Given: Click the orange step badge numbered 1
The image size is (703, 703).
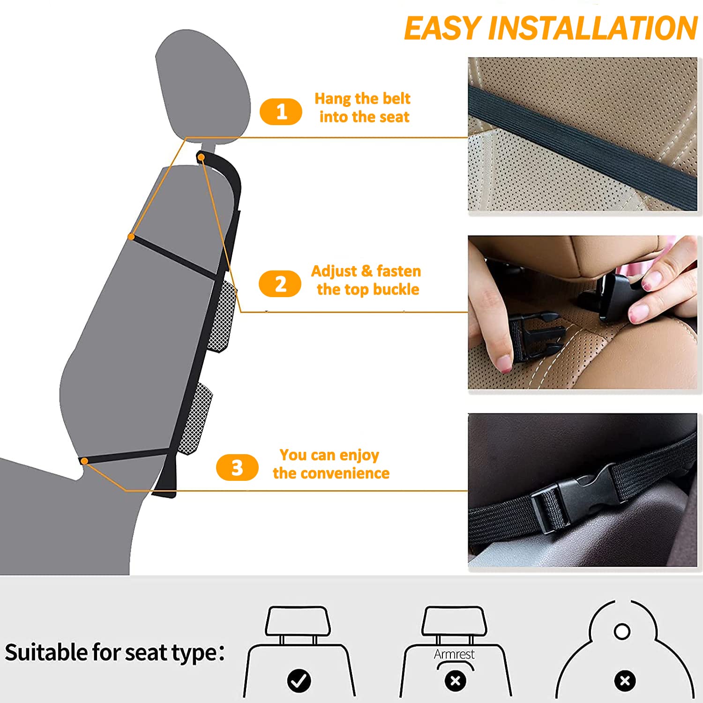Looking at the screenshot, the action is click(x=281, y=112).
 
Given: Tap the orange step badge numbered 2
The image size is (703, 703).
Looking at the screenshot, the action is click(x=280, y=284).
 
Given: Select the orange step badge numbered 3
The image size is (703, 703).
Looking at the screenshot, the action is click(x=237, y=467).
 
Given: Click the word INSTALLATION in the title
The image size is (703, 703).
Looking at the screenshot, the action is click(x=593, y=28).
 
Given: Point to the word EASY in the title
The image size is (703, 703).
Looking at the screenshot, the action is click(x=443, y=28).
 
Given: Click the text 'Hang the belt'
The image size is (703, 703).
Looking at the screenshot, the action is click(x=362, y=98).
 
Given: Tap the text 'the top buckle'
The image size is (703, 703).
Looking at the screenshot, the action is click(x=368, y=290).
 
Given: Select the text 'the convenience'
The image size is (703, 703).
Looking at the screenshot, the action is click(x=331, y=473).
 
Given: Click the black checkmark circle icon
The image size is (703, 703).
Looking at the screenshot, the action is click(x=299, y=681).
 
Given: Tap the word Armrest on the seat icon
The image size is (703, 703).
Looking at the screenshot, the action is click(x=454, y=654).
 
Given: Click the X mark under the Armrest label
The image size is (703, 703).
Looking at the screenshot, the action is click(x=456, y=681).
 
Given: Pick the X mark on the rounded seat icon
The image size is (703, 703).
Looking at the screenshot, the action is click(x=625, y=681).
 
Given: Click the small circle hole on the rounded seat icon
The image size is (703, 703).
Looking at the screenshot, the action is click(x=622, y=631).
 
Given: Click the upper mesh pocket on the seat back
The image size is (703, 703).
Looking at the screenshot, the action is click(x=222, y=316).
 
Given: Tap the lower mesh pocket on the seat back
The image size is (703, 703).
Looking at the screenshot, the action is click(x=195, y=419).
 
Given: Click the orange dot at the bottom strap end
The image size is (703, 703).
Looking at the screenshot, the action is click(x=84, y=461).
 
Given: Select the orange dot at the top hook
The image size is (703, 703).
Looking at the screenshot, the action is click(x=201, y=157).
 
